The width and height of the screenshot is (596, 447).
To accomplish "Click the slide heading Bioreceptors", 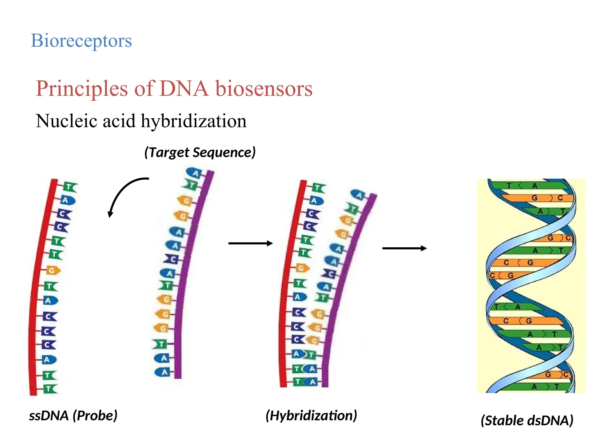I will [81, 41].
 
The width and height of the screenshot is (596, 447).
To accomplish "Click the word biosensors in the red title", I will [264, 88].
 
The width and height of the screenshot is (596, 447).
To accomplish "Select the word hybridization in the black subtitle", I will [194, 121].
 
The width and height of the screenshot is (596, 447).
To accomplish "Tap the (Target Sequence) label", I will [200, 152].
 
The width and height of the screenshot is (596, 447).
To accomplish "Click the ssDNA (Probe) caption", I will [73, 415].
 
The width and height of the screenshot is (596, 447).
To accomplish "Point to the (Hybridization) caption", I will [311, 415].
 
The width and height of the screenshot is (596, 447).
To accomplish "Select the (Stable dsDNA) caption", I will [527, 421].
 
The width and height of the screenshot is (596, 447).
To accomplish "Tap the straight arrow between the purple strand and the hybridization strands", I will [250, 243].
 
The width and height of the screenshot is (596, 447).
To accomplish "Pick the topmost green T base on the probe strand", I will [70, 187].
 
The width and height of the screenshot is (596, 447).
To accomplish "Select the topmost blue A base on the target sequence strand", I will [194, 173].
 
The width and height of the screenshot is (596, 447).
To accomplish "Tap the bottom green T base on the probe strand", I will [50, 389].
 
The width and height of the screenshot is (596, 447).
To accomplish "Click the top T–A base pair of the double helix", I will [521, 186].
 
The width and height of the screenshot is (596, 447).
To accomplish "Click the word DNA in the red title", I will [184, 88].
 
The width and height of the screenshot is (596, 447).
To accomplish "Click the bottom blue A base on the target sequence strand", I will [163, 372].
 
